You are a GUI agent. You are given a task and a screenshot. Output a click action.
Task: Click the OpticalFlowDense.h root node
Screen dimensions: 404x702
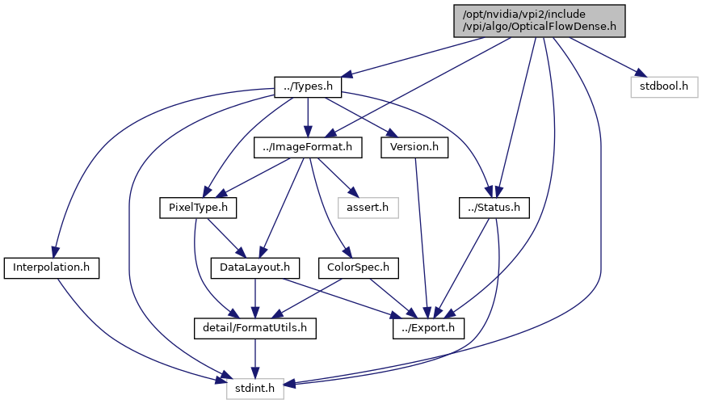point(540,19)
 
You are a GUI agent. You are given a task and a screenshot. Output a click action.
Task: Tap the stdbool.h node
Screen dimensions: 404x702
point(664,86)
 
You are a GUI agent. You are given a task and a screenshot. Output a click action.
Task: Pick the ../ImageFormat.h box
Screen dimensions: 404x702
point(308,147)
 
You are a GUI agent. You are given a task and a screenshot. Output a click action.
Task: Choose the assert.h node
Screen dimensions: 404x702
point(368,208)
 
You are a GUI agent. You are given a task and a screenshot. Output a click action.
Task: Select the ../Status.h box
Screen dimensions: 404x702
point(494,208)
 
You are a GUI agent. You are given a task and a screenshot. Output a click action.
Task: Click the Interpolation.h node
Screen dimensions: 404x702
point(52,267)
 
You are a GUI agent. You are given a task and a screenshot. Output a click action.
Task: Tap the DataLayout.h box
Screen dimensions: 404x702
point(255,267)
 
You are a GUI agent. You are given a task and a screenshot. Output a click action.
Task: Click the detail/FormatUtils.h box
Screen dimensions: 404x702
point(255,328)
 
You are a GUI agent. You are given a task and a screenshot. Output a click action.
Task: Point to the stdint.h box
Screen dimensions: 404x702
point(255,389)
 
